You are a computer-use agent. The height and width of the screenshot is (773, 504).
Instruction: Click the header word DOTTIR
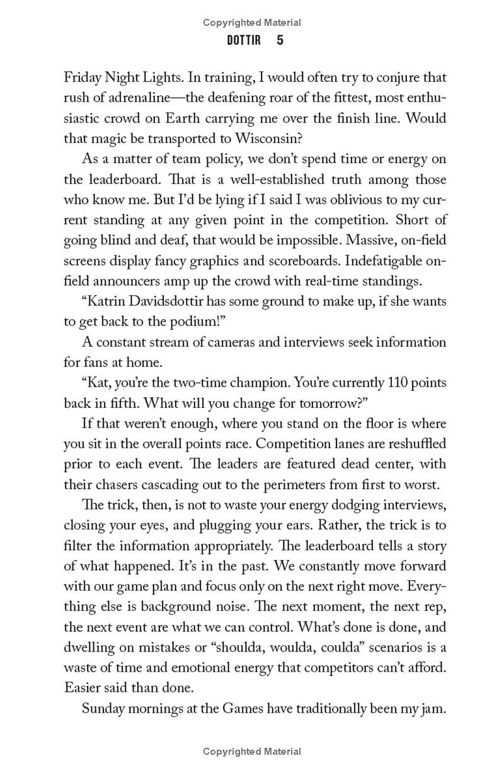click(243, 41)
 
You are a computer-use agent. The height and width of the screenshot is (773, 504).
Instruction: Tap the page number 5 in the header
click(280, 41)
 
